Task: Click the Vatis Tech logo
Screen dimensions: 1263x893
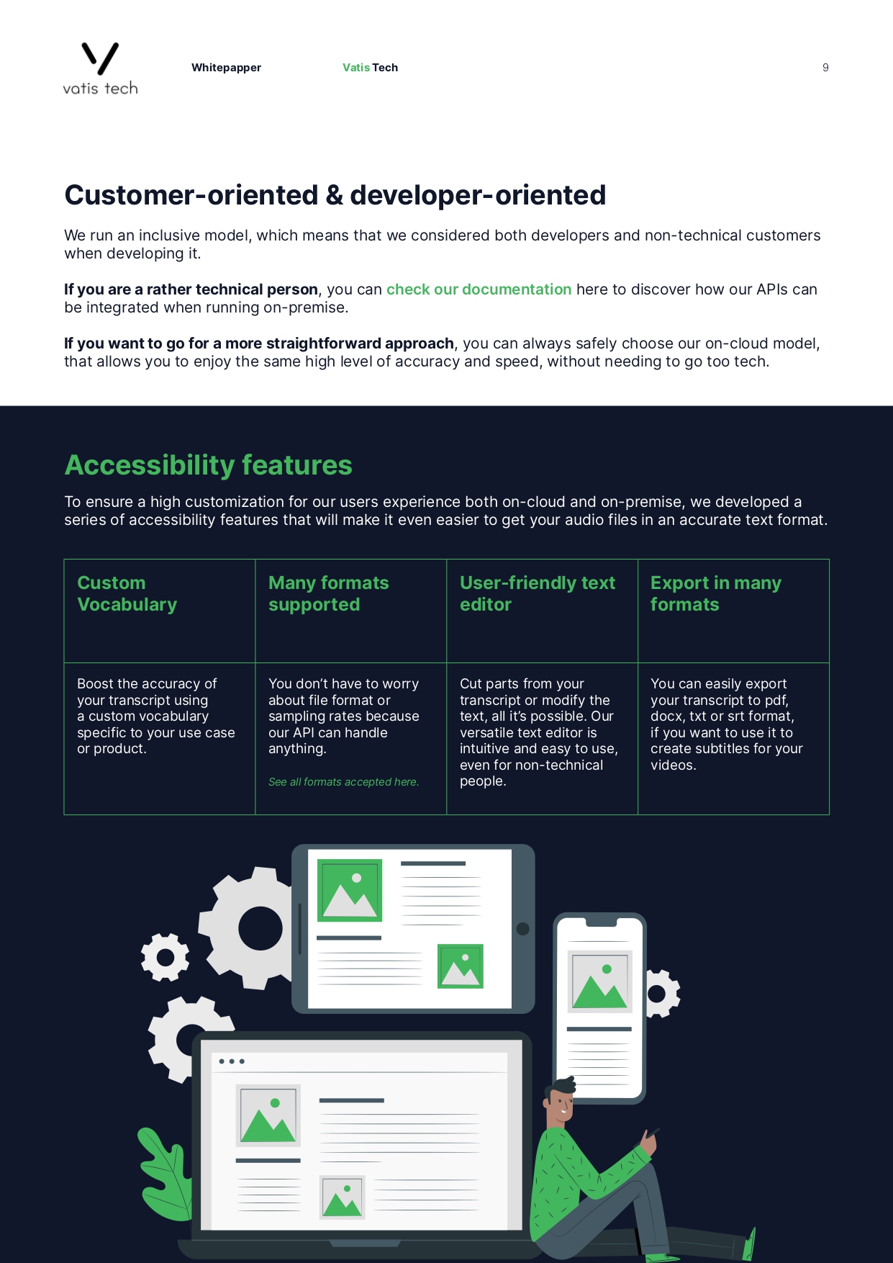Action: (100, 68)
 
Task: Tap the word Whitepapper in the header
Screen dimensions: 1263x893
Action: (226, 68)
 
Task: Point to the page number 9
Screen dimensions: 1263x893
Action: (825, 68)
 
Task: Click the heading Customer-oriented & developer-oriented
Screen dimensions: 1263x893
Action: (335, 195)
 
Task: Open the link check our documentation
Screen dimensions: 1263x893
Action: (479, 289)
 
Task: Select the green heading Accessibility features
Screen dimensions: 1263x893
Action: (208, 465)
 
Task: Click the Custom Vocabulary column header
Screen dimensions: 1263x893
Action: (127, 594)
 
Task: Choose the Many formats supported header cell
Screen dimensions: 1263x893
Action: (328, 594)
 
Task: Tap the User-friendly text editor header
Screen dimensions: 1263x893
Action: (537, 594)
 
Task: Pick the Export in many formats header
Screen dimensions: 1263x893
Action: (715, 594)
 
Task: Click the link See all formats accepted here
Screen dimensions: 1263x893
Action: (343, 782)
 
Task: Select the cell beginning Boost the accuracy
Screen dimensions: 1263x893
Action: (155, 716)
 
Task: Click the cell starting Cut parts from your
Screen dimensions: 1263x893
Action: (538, 732)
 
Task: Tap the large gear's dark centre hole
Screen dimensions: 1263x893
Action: (260, 928)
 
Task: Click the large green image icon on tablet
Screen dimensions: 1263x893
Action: (350, 890)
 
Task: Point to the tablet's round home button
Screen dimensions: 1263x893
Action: (523, 929)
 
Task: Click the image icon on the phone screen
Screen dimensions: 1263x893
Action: (600, 981)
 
